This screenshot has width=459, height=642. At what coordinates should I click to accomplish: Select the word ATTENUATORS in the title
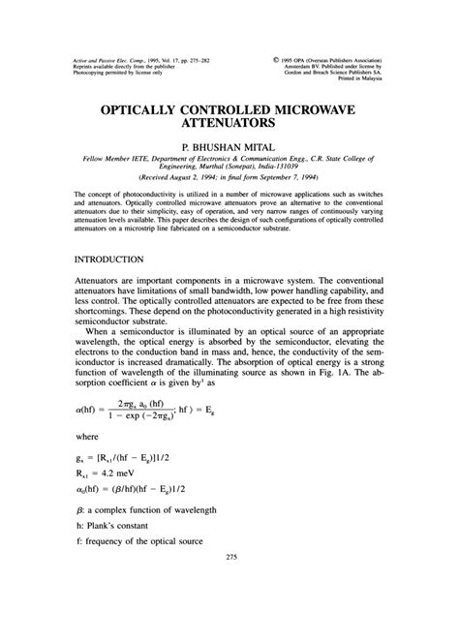tap(229, 126)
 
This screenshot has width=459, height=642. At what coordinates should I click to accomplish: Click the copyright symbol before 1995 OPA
tap(278, 59)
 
